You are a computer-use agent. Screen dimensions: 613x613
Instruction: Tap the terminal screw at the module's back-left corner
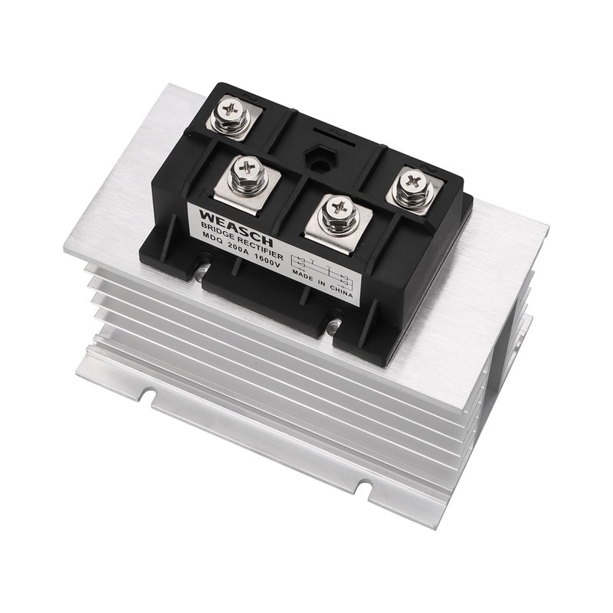click(x=231, y=112)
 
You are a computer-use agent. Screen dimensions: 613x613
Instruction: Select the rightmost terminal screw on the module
click(x=415, y=185)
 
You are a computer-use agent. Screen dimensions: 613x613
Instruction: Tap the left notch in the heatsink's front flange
click(x=147, y=398)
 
